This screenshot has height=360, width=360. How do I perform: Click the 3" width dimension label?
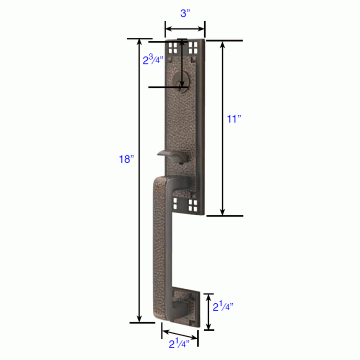[185, 13]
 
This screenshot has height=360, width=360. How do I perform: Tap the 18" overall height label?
[126, 160]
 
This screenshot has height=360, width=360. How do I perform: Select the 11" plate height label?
[234, 119]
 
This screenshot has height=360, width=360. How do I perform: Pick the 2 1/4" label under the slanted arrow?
[178, 344]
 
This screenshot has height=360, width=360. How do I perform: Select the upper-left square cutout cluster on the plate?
[172, 47]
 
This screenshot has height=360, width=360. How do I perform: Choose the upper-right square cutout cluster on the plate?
[193, 47]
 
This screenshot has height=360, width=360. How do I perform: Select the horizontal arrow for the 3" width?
[185, 28]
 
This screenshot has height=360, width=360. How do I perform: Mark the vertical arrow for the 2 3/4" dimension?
[182, 65]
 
